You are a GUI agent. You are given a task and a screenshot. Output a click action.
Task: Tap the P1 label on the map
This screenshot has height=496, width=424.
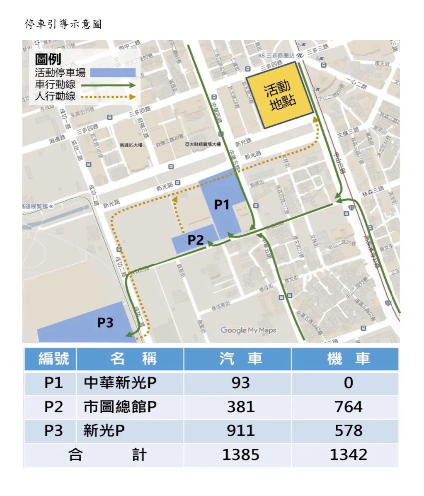pos(222,204)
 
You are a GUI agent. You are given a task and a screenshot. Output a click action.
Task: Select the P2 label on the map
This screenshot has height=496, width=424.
pos(196,240)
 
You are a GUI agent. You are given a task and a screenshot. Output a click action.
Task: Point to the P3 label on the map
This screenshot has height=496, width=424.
pos(105,322)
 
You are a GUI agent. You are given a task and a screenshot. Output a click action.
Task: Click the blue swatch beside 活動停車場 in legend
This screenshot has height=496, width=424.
pos(112,73)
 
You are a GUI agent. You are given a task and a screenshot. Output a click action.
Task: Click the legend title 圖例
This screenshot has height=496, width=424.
pos(48,60)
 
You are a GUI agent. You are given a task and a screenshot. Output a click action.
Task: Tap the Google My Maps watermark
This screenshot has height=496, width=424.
pos(248,330)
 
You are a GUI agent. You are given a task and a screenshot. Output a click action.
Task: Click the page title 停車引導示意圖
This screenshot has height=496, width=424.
pos(63,24)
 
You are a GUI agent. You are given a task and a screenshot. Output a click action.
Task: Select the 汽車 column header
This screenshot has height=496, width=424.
pos(240,359)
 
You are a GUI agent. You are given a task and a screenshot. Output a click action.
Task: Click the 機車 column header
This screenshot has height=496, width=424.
pos(348,359)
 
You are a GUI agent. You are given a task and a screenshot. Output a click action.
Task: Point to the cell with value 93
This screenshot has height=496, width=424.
pos(240,383)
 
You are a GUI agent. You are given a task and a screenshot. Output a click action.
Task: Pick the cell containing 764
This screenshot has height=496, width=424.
pos(348,407)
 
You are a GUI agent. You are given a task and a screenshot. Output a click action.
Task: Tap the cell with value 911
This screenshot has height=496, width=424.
pos(240,431)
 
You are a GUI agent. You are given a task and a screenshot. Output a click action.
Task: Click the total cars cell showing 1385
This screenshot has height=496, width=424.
pos(240,455)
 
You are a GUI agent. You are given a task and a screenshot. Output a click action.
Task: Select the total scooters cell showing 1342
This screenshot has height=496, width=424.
pos(348,455)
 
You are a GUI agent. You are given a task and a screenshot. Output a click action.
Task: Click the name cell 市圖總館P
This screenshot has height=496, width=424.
pos(120,407)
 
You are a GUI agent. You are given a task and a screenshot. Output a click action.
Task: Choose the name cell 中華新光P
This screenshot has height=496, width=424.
pos(120,383)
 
